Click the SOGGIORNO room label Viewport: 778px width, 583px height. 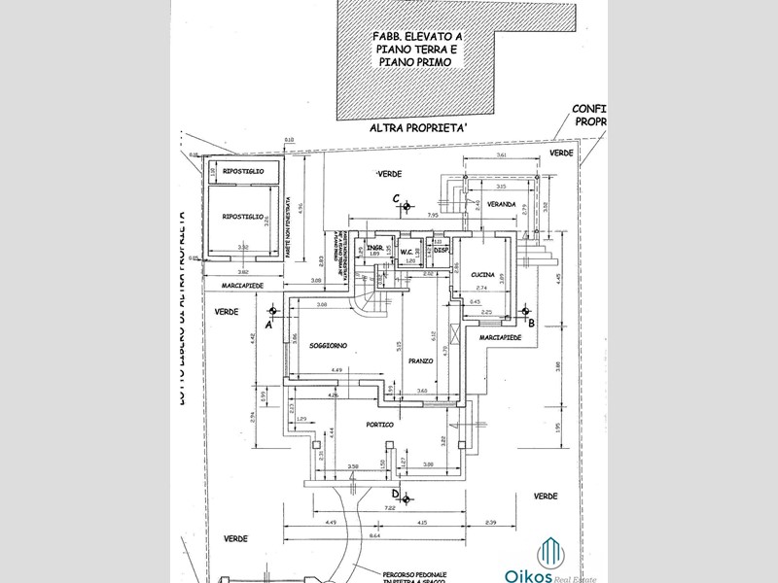pyautogui.click(x=330, y=346)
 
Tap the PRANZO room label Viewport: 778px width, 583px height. pyautogui.click(x=420, y=360)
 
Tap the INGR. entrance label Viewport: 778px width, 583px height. pyautogui.click(x=371, y=249)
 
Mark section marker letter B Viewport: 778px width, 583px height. pyautogui.click(x=531, y=322)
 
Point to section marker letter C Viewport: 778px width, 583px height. pyautogui.click(x=396, y=199)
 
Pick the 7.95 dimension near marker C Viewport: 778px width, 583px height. pyautogui.click(x=431, y=216)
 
